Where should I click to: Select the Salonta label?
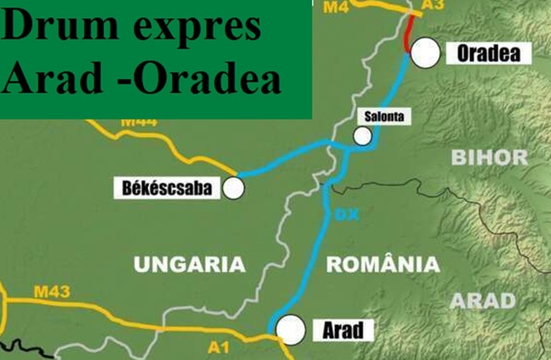pyautogui.click(x=384, y=116)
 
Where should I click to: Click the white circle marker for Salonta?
pyautogui.click(x=362, y=136)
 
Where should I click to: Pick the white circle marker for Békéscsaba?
pyautogui.click(x=234, y=187)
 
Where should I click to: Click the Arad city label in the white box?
pyautogui.click(x=343, y=330)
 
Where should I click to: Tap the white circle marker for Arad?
pyautogui.click(x=291, y=329)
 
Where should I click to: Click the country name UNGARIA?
pyautogui.click(x=190, y=265)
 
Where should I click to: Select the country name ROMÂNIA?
pyautogui.click(x=383, y=265)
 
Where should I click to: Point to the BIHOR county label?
pyautogui.click(x=490, y=157)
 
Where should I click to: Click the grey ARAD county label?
pyautogui.click(x=483, y=301)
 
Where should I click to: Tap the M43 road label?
pyautogui.click(x=51, y=291)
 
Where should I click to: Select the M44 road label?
pyautogui.click(x=138, y=121)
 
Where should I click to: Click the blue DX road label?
pyautogui.click(x=346, y=215)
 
